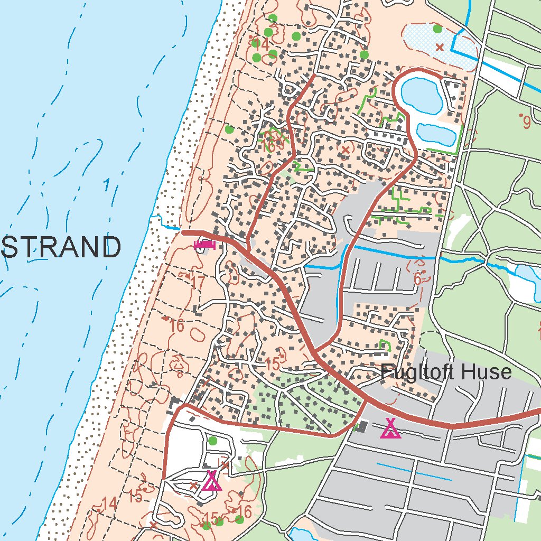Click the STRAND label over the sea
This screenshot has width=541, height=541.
point(61,247)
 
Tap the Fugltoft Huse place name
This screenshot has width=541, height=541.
point(446,372)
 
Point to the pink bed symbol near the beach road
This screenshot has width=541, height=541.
point(204,244)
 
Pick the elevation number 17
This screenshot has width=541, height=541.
point(198,283)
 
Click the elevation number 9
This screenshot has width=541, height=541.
point(526,123)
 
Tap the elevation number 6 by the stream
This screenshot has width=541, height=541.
point(417,279)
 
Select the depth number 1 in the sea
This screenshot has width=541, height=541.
point(107,185)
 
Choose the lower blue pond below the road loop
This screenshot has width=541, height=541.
point(435,134)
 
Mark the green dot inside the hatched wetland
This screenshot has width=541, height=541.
point(437,29)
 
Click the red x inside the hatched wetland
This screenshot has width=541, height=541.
point(439,48)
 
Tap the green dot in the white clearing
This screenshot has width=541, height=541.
point(212,441)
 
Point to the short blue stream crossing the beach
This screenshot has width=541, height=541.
point(168,226)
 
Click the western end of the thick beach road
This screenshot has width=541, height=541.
point(183,232)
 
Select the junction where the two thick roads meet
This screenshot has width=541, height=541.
point(317,353)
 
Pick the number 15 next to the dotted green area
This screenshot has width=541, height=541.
point(273,363)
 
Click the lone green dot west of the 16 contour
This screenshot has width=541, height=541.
point(229,129)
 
